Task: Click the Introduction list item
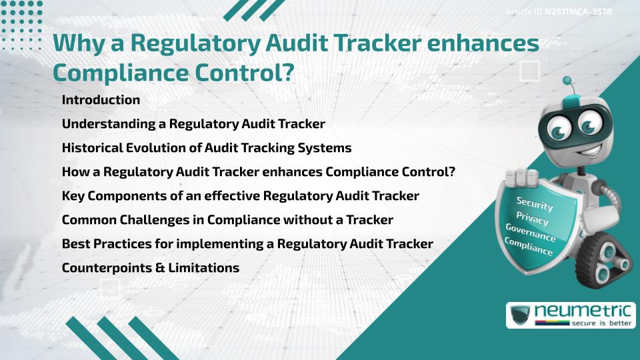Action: tap(101, 99)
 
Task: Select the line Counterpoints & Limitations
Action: tap(151, 268)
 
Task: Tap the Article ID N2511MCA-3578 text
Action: tap(559, 12)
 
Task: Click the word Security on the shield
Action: tap(535, 203)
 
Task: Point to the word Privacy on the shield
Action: tap(532, 219)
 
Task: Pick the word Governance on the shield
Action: tap(531, 233)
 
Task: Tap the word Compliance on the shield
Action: tap(528, 247)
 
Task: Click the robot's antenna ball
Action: tap(567, 81)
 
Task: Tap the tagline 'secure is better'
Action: tap(601, 323)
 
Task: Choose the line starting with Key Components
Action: tap(241, 196)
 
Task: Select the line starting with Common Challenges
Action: tap(227, 220)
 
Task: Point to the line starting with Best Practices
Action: tap(247, 244)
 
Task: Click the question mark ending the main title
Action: tap(288, 73)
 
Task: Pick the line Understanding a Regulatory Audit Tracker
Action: tap(193, 124)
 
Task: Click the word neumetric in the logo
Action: tap(583, 311)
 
